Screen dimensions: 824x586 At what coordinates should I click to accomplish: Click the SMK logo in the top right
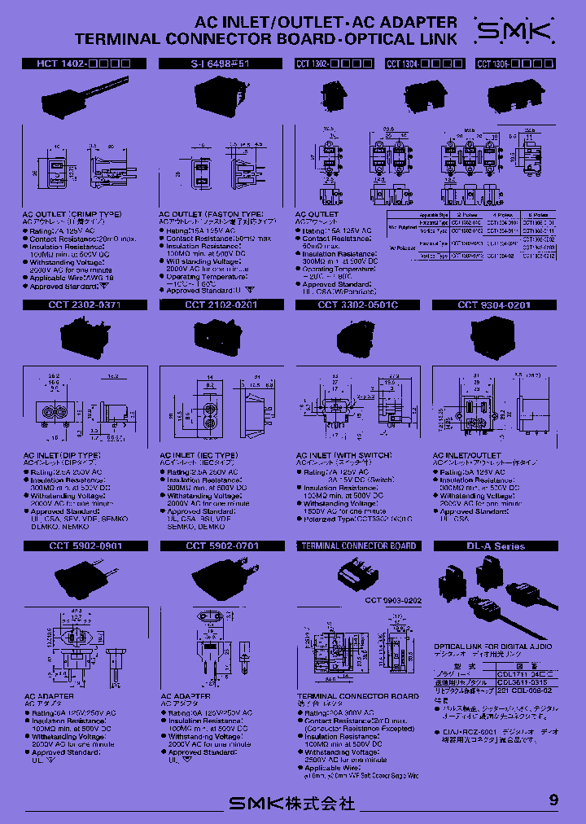coord(514,33)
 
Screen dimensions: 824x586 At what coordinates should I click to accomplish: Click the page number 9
coord(553,800)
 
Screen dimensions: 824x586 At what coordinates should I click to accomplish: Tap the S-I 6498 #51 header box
coord(220,63)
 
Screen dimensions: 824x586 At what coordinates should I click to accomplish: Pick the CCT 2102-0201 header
coord(221,305)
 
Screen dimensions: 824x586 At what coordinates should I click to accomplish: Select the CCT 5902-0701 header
coord(221,546)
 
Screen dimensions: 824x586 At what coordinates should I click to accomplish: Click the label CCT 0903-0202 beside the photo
coord(394,600)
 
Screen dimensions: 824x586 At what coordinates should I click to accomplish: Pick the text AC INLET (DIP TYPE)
coord(62,455)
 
